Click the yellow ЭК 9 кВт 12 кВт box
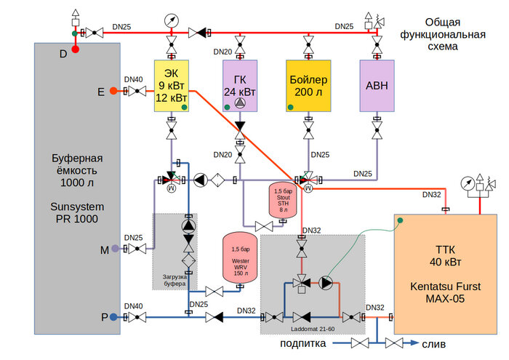pyautogui.click(x=172, y=86)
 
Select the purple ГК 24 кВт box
pyautogui.click(x=239, y=86)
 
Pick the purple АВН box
pyautogui.click(x=377, y=86)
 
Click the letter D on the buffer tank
pyautogui.click(x=63, y=54)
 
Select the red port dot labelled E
pyautogui.click(x=113, y=91)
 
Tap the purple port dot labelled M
pyautogui.click(x=114, y=249)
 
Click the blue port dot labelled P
pyautogui.click(x=114, y=317)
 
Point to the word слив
pyautogui.click(x=433, y=344)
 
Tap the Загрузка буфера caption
pyautogui.click(x=175, y=280)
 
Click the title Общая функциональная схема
pyautogui.click(x=455, y=35)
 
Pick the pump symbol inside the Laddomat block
pyautogui.click(x=326, y=284)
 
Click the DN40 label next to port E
pyautogui.click(x=134, y=79)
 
